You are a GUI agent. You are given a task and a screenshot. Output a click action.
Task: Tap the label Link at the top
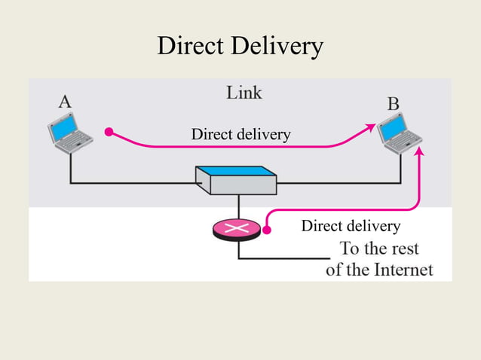tap(244, 93)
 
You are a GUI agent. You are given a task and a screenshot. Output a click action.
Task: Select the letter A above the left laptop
tap(65, 102)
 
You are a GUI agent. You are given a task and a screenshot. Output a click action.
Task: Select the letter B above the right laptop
tap(393, 104)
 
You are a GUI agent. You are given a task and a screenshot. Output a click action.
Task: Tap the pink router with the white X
tap(237, 228)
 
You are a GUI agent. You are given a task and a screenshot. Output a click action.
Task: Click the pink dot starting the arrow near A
tap(109, 132)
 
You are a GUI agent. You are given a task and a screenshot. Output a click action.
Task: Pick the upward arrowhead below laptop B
tap(420, 152)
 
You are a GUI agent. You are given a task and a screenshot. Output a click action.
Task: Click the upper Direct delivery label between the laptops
tap(240, 135)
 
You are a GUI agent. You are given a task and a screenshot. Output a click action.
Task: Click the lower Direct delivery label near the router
tap(350, 226)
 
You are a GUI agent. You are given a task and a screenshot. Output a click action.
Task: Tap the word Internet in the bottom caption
tap(404, 269)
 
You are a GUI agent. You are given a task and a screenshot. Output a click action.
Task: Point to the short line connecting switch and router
tap(238, 206)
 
